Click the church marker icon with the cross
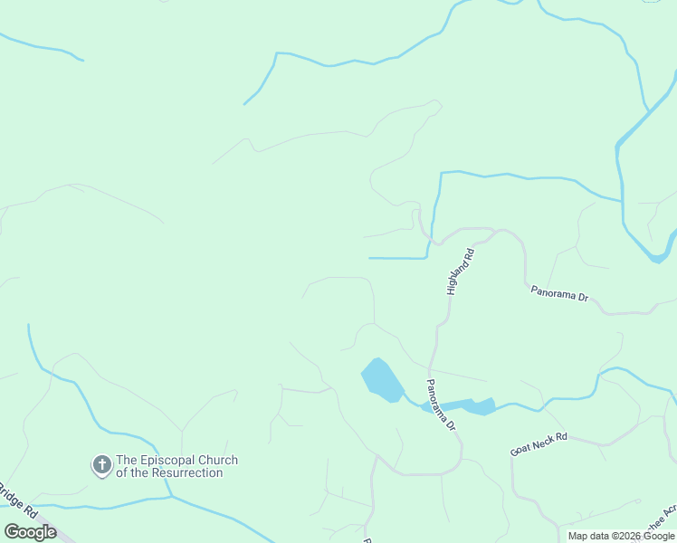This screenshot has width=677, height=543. (102, 466)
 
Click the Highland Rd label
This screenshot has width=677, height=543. (460, 272)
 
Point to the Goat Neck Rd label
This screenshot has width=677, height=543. (538, 443)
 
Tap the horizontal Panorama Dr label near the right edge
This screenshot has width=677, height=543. (559, 293)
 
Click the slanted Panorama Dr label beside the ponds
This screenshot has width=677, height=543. (441, 405)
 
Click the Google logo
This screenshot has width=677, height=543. (30, 532)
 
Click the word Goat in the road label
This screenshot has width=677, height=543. (520, 449)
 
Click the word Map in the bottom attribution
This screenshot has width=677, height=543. (577, 536)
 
